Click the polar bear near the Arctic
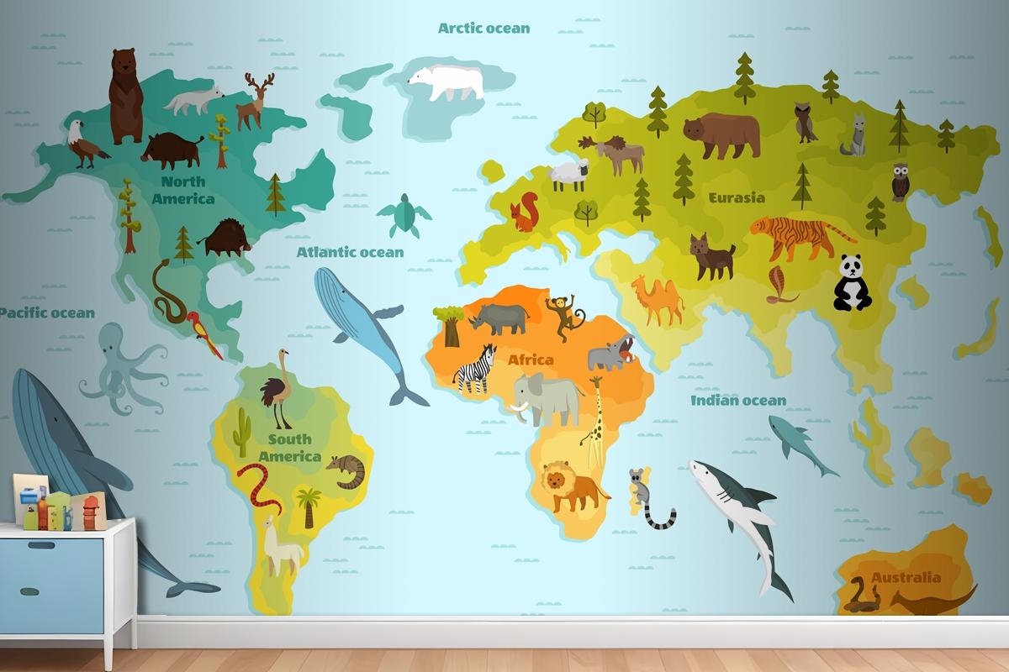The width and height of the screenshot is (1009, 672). click(446, 82)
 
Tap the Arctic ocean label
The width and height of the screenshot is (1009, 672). click(484, 28)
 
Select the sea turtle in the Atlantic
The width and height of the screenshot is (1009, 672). click(404, 215)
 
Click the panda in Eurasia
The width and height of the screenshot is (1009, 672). click(853, 283)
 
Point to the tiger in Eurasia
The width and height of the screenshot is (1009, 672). click(800, 235)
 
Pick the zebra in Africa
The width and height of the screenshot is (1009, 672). click(475, 369)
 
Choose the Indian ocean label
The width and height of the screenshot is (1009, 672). click(738, 401)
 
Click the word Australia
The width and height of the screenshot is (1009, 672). click(906, 578)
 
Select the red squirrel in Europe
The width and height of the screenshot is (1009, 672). click(526, 213)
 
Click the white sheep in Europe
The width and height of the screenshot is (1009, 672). click(568, 176)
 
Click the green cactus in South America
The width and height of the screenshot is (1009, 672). click(242, 431)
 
